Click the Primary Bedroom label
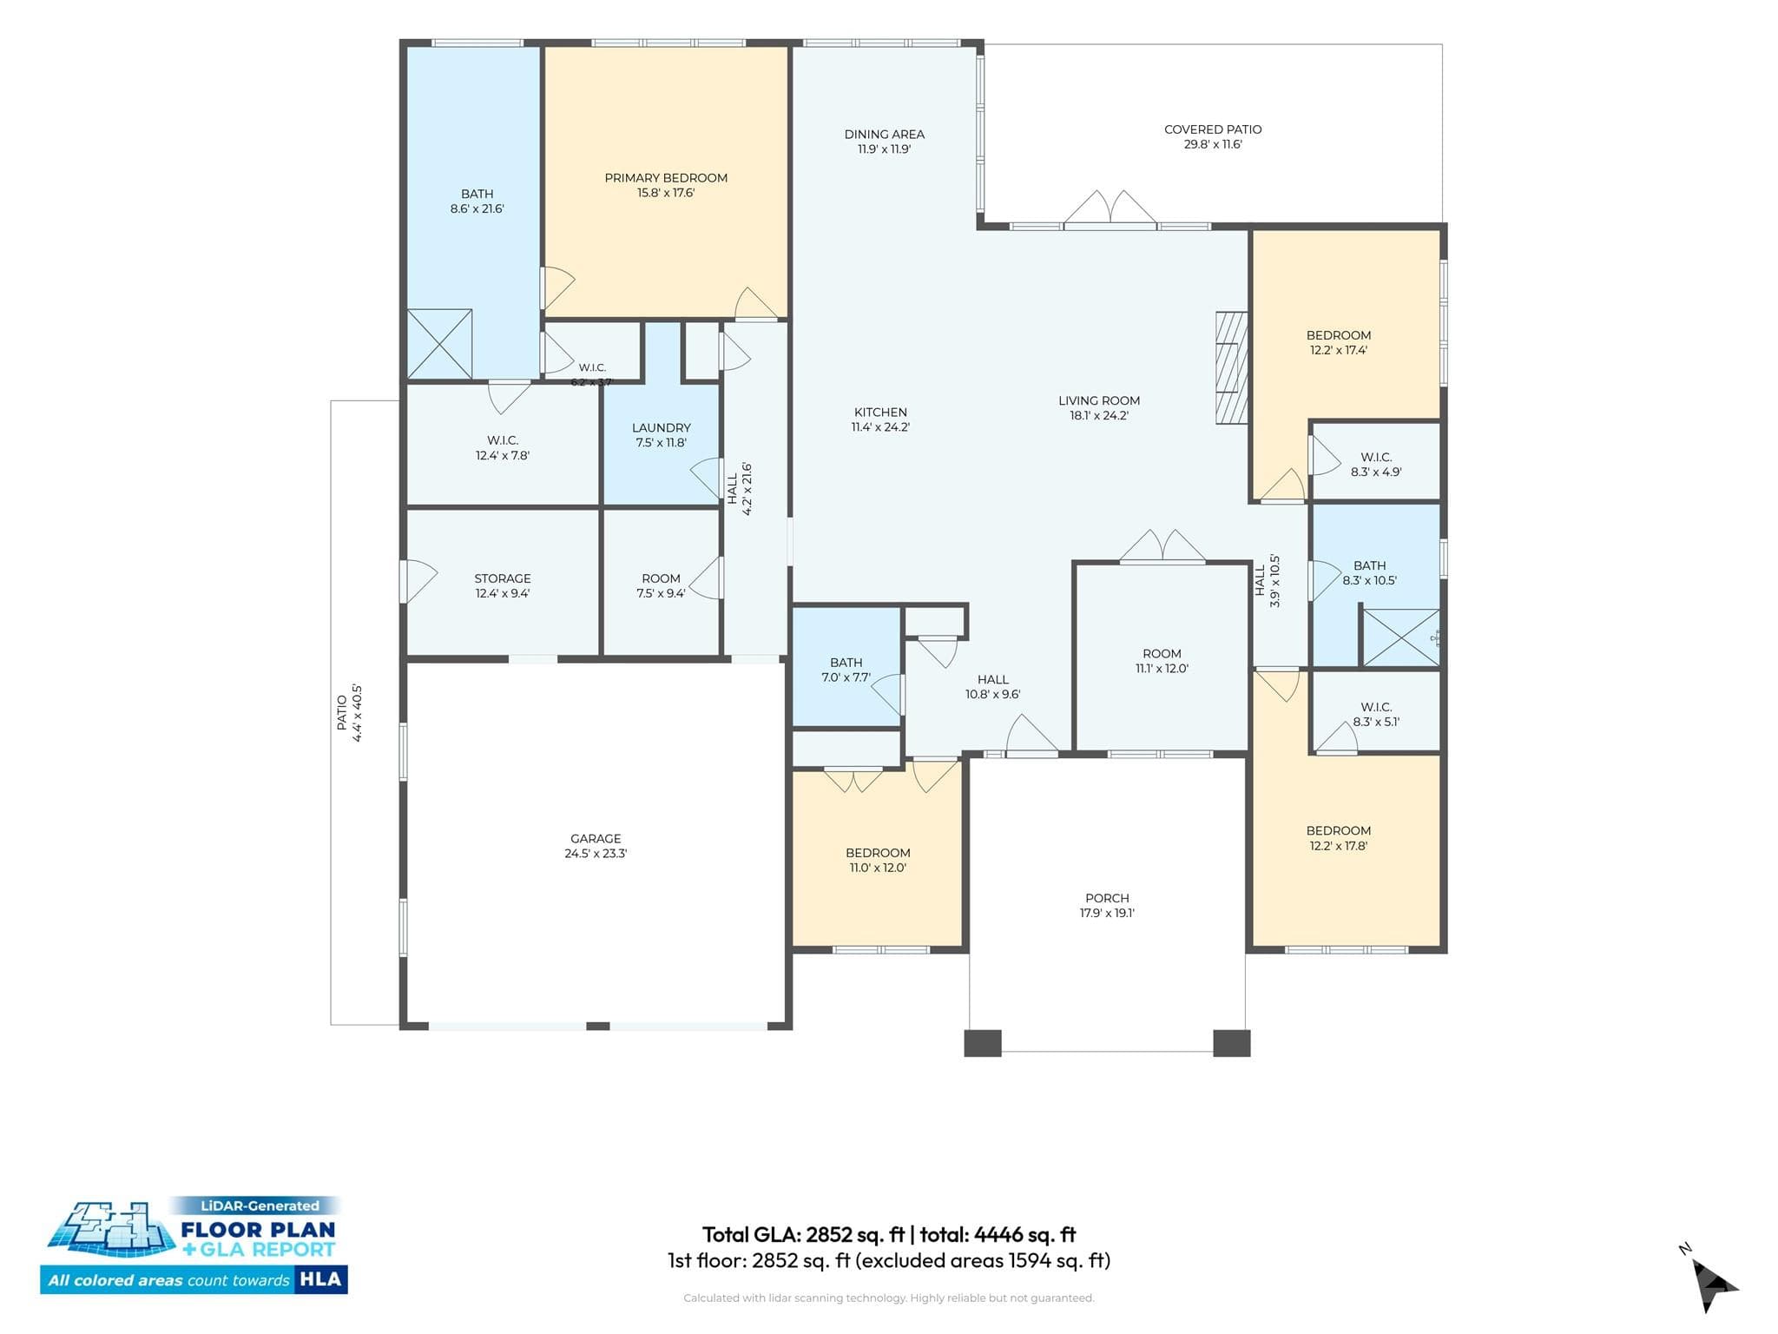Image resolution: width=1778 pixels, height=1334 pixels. click(666, 178)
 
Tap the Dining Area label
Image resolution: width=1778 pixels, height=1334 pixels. click(884, 135)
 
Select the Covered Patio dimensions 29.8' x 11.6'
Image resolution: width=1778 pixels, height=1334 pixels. click(1213, 145)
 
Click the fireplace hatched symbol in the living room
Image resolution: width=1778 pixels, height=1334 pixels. click(1231, 367)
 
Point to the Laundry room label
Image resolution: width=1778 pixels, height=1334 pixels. click(662, 428)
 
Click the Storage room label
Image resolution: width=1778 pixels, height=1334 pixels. click(503, 578)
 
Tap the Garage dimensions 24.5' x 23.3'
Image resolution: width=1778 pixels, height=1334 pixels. click(596, 854)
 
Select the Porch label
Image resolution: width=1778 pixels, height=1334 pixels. click(1107, 898)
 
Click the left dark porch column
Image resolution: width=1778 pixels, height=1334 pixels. click(983, 1042)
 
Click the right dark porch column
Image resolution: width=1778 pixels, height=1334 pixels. click(1231, 1042)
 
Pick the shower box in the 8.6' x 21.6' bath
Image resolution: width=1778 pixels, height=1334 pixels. click(440, 344)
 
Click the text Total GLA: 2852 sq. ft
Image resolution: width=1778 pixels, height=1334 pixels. click(803, 1234)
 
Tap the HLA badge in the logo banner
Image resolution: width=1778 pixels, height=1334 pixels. click(320, 1279)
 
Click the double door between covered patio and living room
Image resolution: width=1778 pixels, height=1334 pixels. click(1110, 209)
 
